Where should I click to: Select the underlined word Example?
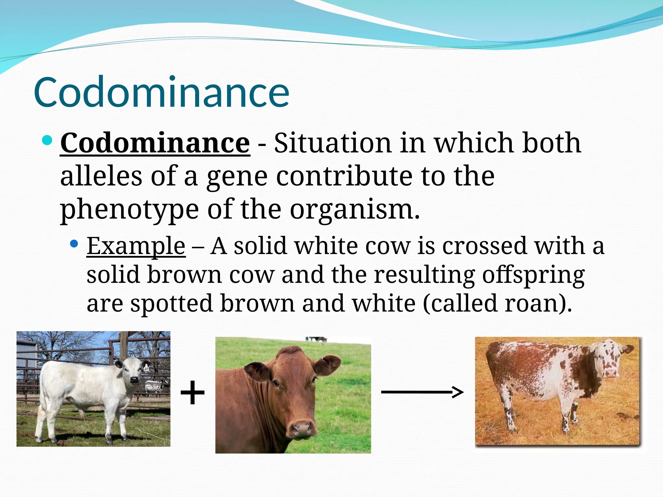(x=136, y=246)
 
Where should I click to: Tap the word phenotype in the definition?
(x=129, y=210)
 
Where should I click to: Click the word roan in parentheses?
(x=531, y=304)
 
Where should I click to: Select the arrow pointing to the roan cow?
(x=422, y=392)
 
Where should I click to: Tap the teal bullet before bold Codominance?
(x=47, y=140)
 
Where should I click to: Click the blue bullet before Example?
(x=74, y=243)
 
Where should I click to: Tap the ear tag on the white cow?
(x=146, y=368)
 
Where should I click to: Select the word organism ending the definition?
(x=354, y=210)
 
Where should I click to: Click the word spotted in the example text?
(x=171, y=304)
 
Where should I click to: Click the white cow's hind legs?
(x=45, y=421)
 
